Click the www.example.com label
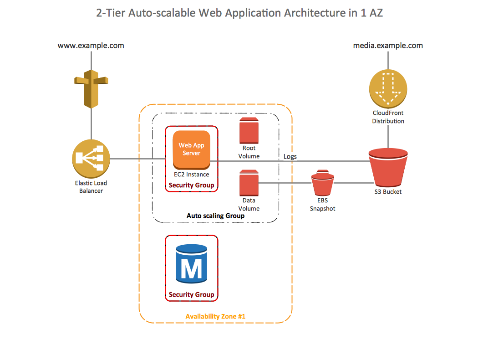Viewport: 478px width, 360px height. point(91,46)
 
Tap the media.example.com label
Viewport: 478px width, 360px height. point(388,46)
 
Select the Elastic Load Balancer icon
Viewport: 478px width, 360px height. point(91,159)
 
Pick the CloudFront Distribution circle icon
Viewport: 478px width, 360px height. point(388,88)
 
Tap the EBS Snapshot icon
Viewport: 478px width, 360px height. point(322,183)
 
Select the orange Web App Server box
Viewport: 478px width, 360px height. point(191,149)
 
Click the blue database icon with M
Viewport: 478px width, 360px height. point(191,263)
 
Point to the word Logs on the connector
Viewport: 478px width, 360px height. point(290,157)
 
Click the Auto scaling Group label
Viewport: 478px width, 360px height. point(216,216)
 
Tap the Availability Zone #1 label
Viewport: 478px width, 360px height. point(216,316)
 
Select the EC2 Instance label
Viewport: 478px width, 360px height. point(191,175)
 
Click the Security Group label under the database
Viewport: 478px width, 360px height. point(191,295)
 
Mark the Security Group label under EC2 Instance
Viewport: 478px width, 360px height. point(191,185)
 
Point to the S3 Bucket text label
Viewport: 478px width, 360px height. point(388,192)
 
